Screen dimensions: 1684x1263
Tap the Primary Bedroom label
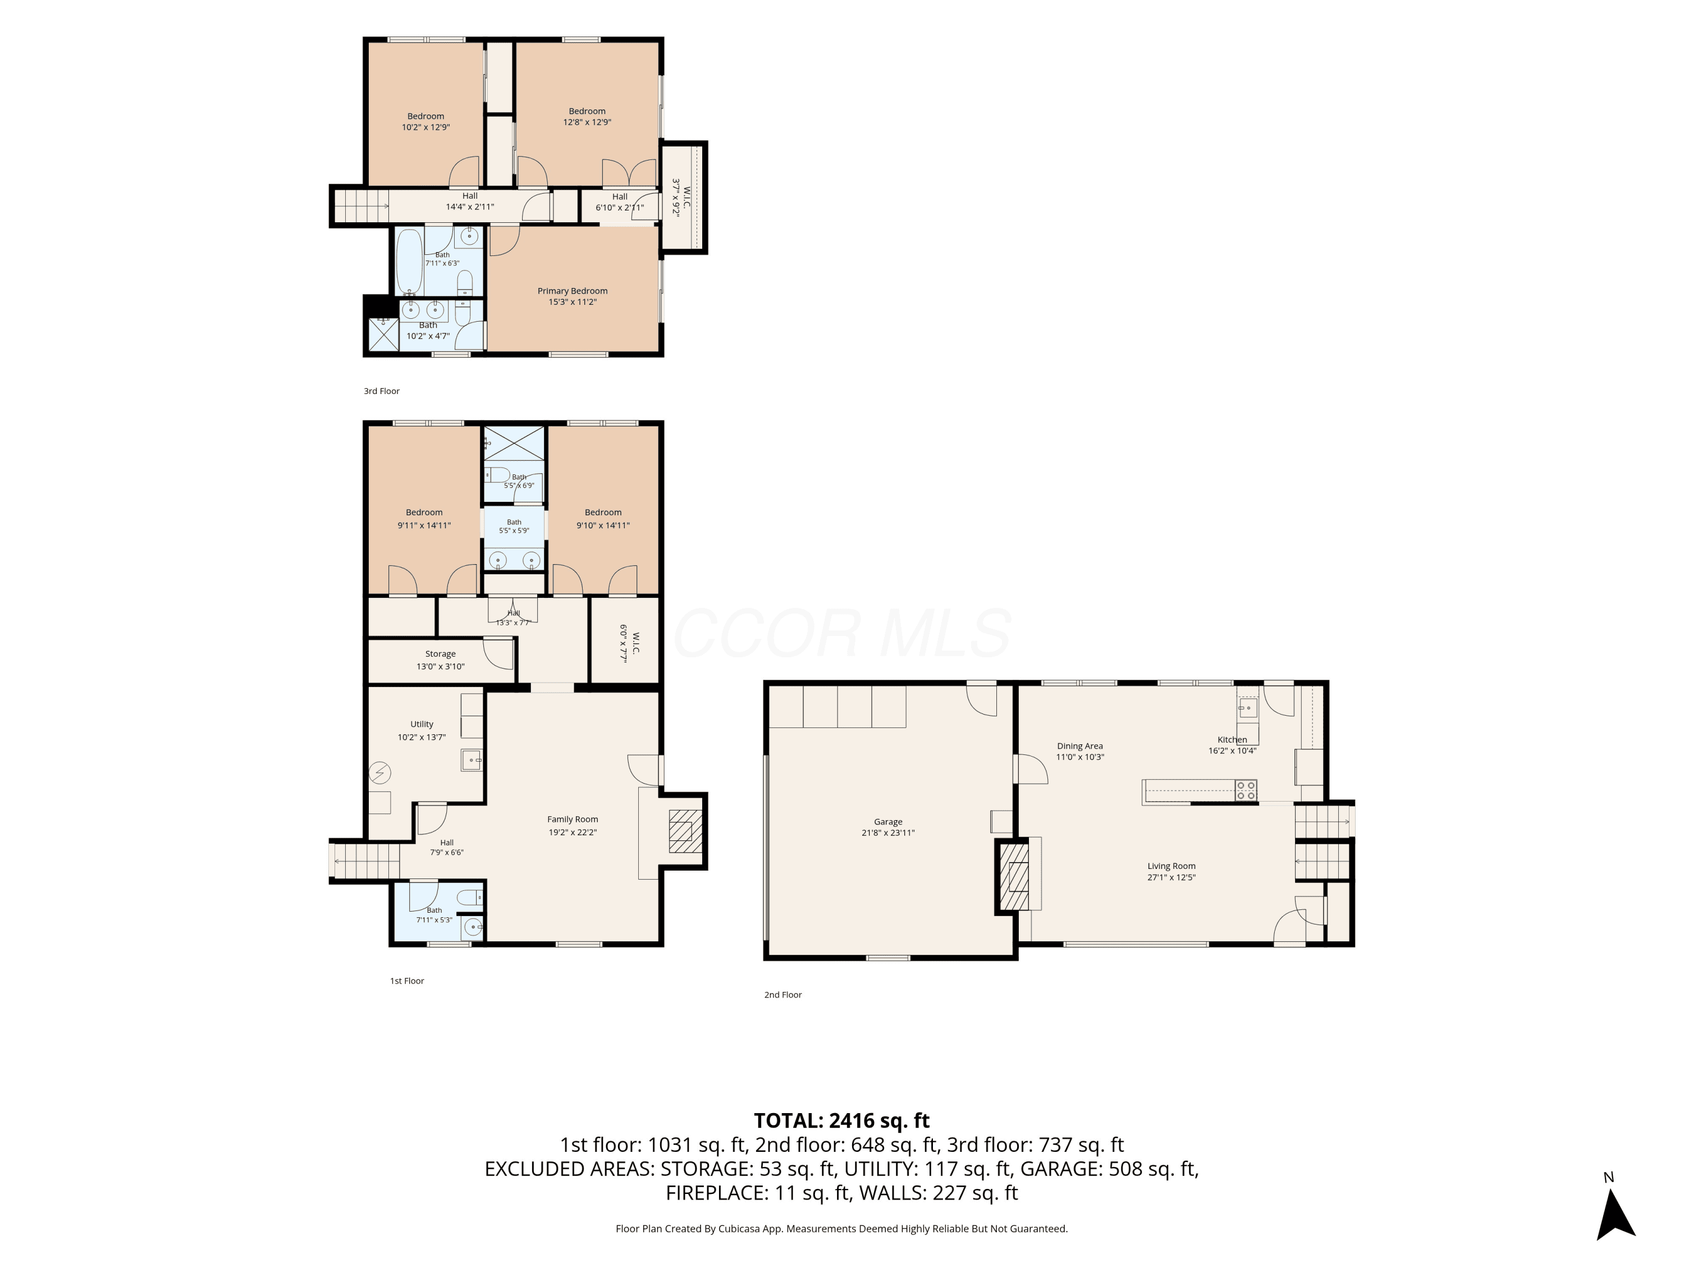(573, 291)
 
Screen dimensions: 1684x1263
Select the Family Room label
(573, 819)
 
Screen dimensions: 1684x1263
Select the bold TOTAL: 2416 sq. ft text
(841, 1120)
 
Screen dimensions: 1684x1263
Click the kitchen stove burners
(1246, 790)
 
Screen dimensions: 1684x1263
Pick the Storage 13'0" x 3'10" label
(440, 660)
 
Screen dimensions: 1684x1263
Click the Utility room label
(422, 724)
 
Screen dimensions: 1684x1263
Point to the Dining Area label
(1079, 746)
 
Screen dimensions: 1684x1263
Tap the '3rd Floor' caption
(381, 391)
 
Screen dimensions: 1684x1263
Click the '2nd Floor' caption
(782, 994)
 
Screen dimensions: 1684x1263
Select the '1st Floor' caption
(406, 981)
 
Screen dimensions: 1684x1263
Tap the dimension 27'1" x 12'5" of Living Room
(1172, 877)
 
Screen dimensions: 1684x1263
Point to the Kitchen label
(1232, 739)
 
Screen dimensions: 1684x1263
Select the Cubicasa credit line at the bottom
(841, 1228)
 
